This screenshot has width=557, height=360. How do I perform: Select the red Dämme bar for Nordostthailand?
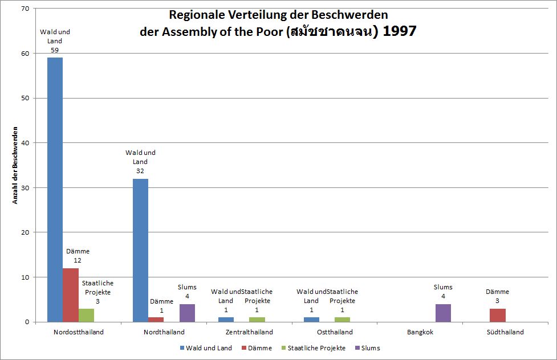pyautogui.click(x=71, y=295)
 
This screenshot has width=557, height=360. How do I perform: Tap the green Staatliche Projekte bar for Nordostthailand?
pyautogui.click(x=86, y=315)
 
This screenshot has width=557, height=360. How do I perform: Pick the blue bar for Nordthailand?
pyautogui.click(x=140, y=250)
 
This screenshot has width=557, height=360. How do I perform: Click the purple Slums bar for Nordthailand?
pyautogui.click(x=187, y=313)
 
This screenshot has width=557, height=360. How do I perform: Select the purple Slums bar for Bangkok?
pyautogui.click(x=443, y=313)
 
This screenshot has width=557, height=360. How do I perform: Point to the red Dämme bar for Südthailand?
pyautogui.click(x=497, y=315)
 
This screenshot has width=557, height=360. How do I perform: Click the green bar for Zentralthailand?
pyautogui.click(x=257, y=320)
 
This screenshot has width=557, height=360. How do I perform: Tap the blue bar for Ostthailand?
pyautogui.click(x=311, y=320)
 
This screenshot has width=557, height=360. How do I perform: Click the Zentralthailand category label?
pyautogui.click(x=249, y=332)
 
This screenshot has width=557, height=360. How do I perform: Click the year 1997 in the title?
pyautogui.click(x=399, y=31)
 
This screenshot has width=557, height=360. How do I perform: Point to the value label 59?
pyautogui.click(x=55, y=50)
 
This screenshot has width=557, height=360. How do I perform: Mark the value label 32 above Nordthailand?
pyautogui.click(x=140, y=171)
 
